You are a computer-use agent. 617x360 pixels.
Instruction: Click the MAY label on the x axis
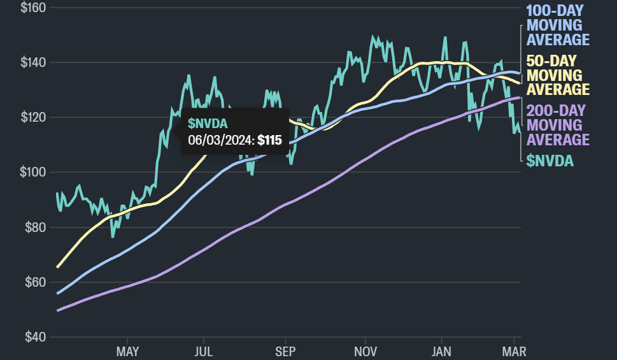coord(127,351)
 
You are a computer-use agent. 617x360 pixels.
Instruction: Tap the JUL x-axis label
coord(203,351)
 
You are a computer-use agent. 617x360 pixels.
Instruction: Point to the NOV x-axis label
coord(365,351)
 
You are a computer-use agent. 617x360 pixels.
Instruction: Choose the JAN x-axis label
coord(441,351)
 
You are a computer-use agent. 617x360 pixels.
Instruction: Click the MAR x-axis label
coord(514,351)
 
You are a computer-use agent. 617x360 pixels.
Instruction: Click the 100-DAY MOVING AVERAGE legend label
coord(558,25)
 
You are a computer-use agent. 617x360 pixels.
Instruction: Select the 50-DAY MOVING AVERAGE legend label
coord(558,75)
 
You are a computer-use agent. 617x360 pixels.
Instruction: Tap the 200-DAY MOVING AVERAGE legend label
coord(558,125)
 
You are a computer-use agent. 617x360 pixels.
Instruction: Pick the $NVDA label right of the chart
coord(550,161)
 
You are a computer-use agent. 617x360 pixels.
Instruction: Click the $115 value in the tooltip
coord(269,140)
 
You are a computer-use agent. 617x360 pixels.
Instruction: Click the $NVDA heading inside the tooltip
coord(208,123)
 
